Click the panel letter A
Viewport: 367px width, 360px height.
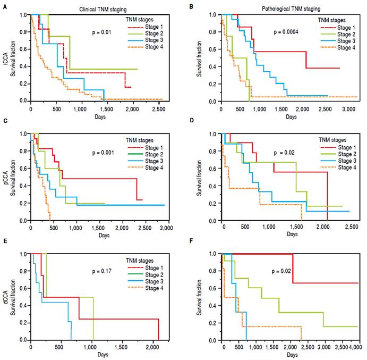click(x=4, y=4)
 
